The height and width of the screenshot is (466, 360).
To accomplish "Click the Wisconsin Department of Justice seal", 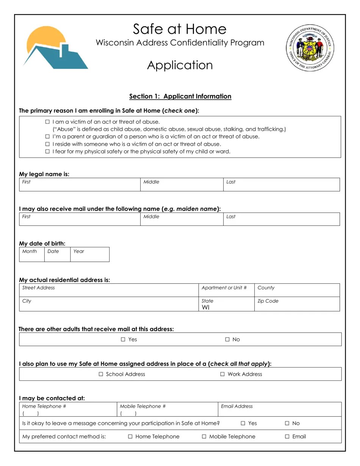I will (x=310, y=48).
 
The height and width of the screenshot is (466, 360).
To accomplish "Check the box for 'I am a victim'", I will (x=47, y=122).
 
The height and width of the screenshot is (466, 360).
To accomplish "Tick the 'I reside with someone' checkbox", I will (x=47, y=144).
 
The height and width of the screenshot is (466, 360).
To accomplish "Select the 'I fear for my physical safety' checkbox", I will (x=47, y=152).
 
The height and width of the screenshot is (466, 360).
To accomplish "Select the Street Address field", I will (x=109, y=291).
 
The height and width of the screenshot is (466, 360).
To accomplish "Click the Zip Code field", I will (x=297, y=305).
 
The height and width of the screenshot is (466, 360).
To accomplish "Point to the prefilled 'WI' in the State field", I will (x=205, y=307).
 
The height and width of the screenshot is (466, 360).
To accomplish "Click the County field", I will (x=297, y=291).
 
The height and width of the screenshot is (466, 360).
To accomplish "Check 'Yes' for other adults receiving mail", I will (x=123, y=339).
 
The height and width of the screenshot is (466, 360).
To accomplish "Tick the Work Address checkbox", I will (x=222, y=374).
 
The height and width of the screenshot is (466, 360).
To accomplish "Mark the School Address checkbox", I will (x=101, y=374).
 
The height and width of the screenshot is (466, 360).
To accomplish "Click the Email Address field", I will (x=280, y=410).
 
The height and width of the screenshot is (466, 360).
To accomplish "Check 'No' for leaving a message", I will (x=287, y=423).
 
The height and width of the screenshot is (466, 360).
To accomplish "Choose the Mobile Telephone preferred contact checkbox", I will (x=204, y=436).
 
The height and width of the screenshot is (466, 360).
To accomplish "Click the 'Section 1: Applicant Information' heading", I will (x=180, y=96).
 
